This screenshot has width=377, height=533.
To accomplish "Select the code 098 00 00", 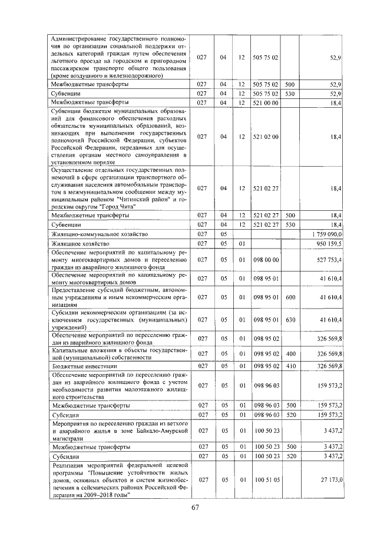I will (x=266, y=259).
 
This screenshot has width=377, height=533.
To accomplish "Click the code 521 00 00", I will (x=266, y=102).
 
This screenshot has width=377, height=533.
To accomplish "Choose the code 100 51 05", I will (x=266, y=480).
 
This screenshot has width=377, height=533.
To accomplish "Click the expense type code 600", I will (x=290, y=298).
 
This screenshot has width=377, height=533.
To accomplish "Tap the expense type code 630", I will (x=290, y=319).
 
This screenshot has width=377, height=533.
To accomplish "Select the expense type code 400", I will (x=290, y=353).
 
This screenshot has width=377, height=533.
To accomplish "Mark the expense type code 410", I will (x=290, y=366).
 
